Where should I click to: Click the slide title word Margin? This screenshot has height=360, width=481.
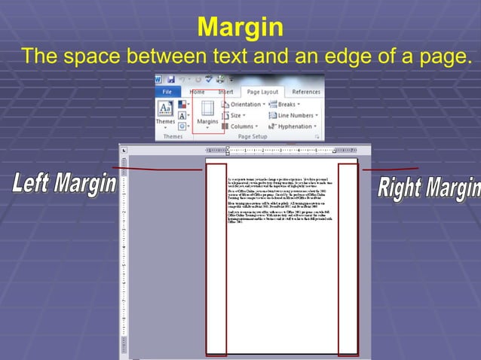(240, 29)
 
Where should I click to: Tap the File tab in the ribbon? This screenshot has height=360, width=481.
(167, 92)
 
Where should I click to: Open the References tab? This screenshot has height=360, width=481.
(305, 92)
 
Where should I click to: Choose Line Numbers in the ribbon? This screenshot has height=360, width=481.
(295, 115)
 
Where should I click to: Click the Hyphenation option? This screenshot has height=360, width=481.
(295, 127)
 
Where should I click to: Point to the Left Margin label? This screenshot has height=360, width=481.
(63, 184)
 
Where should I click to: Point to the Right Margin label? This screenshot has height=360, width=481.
(427, 186)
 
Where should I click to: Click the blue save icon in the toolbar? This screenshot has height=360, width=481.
(172, 78)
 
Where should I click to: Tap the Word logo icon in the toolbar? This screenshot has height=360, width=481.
(159, 78)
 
